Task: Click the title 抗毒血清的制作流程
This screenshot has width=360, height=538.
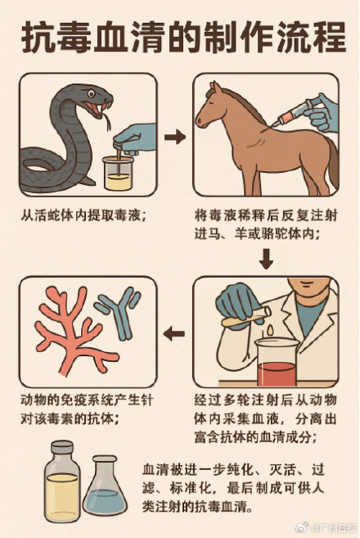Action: (x=180, y=37)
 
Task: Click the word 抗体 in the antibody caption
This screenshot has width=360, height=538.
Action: (x=91, y=418)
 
